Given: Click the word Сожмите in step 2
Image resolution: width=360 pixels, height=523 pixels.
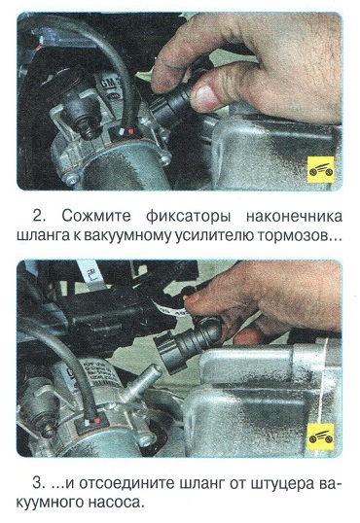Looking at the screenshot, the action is [95, 216].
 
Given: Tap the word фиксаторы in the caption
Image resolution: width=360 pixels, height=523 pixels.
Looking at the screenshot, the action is [188, 217].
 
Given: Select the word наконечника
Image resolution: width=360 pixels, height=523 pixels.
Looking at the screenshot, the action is [294, 217].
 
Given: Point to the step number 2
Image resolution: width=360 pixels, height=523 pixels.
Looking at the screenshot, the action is [37, 216].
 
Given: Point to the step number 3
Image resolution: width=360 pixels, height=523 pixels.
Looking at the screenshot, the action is [37, 483].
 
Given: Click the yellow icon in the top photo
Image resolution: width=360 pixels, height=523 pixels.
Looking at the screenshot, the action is [320, 170].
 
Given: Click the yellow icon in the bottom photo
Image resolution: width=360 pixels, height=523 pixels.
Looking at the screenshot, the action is [320, 436].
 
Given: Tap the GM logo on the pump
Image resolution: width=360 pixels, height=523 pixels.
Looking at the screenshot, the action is [107, 83].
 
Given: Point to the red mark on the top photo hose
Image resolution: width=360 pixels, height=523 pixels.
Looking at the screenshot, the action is [131, 131].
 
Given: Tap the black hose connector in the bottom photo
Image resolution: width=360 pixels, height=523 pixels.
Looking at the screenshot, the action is [187, 344].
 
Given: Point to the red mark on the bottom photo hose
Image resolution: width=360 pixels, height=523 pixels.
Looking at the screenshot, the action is [97, 420].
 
